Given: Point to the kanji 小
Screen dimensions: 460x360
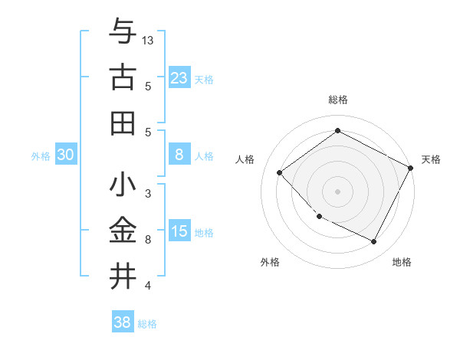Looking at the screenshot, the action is pos(123,185).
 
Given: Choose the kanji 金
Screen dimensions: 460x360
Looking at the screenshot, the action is pos(123,230).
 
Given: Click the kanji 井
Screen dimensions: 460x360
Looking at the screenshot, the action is pos(123,274).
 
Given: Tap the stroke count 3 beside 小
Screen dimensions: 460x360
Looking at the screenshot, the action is pos(148,194).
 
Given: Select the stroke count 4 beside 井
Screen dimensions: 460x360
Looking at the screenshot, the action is pos(148,286).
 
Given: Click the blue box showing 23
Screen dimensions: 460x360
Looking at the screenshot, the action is pos(179,77).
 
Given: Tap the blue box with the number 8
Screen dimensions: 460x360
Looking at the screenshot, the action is pos(179,155).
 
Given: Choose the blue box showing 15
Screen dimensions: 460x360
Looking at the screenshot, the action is pos(179,231).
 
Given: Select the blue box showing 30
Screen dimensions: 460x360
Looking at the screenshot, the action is pos(65,155).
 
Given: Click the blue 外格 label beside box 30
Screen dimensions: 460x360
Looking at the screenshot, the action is pos(41,155).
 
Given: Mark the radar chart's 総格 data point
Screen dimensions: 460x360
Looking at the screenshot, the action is pos(337,131).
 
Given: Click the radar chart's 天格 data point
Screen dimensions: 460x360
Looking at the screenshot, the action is pos(410,169).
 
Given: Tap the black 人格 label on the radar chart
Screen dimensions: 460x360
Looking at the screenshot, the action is pos(245,159).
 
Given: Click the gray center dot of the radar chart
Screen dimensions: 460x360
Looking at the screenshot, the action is pos(337,191).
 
